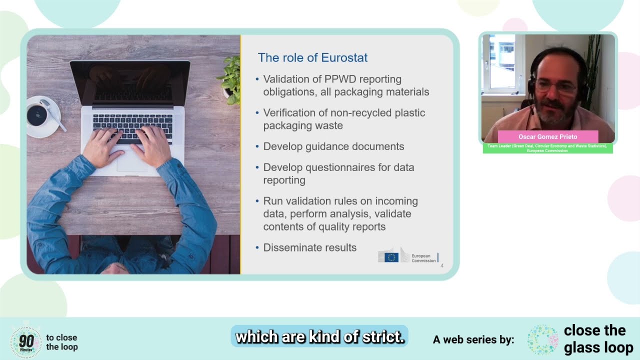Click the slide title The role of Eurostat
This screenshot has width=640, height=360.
(x=312, y=57)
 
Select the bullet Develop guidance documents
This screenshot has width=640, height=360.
(x=333, y=146)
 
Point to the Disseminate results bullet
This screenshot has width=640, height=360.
(x=309, y=247)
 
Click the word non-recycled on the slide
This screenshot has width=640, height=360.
(x=349, y=113)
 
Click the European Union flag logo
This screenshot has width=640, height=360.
(x=391, y=257)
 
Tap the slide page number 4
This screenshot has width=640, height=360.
(x=442, y=266)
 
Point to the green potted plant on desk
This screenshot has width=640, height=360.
(x=230, y=80)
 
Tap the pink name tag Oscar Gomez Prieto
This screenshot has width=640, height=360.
(x=548, y=137)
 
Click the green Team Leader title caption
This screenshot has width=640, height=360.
(x=547, y=148)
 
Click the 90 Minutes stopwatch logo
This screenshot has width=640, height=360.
(x=25, y=342)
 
